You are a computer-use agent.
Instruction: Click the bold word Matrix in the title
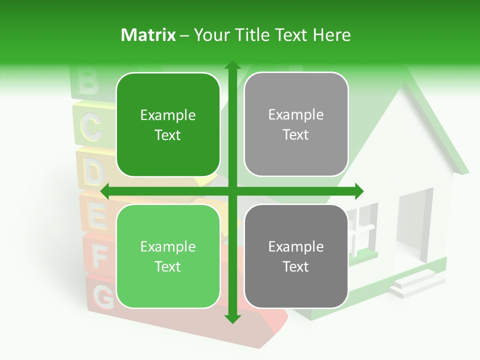click(x=148, y=35)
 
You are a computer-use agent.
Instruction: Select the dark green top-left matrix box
click(x=168, y=125)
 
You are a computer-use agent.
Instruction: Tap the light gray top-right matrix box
click(x=296, y=124)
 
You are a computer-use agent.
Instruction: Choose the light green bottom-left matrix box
click(x=168, y=256)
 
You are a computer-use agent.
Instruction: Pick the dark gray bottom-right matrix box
click(x=296, y=256)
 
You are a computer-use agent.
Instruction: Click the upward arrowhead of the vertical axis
click(x=232, y=65)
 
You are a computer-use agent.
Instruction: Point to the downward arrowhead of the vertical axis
click(x=232, y=318)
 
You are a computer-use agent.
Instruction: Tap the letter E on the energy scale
click(x=97, y=215)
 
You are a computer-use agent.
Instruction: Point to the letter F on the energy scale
click(x=100, y=257)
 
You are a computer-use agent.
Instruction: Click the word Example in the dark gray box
click(x=296, y=246)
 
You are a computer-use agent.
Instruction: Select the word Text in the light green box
click(x=168, y=266)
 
